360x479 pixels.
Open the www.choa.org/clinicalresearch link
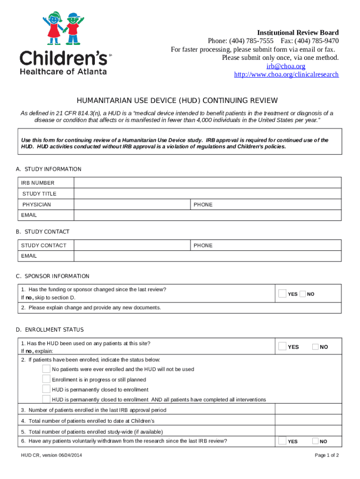click(x=286, y=75)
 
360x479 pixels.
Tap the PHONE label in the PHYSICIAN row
click(x=203, y=205)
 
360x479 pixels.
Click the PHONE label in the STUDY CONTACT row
click(x=203, y=246)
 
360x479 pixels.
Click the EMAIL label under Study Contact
click(x=29, y=256)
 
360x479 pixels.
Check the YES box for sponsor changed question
click(x=282, y=294)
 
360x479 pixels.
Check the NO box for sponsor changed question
click(x=302, y=294)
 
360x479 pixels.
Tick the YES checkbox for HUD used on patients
click(x=282, y=347)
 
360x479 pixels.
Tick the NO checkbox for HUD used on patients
click(x=315, y=347)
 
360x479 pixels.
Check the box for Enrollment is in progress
click(x=46, y=379)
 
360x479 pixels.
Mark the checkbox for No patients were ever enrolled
click(x=46, y=369)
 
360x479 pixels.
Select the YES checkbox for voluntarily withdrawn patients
click(x=282, y=441)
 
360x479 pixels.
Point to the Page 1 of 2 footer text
click(x=326, y=456)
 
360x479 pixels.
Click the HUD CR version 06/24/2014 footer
click(x=51, y=456)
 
